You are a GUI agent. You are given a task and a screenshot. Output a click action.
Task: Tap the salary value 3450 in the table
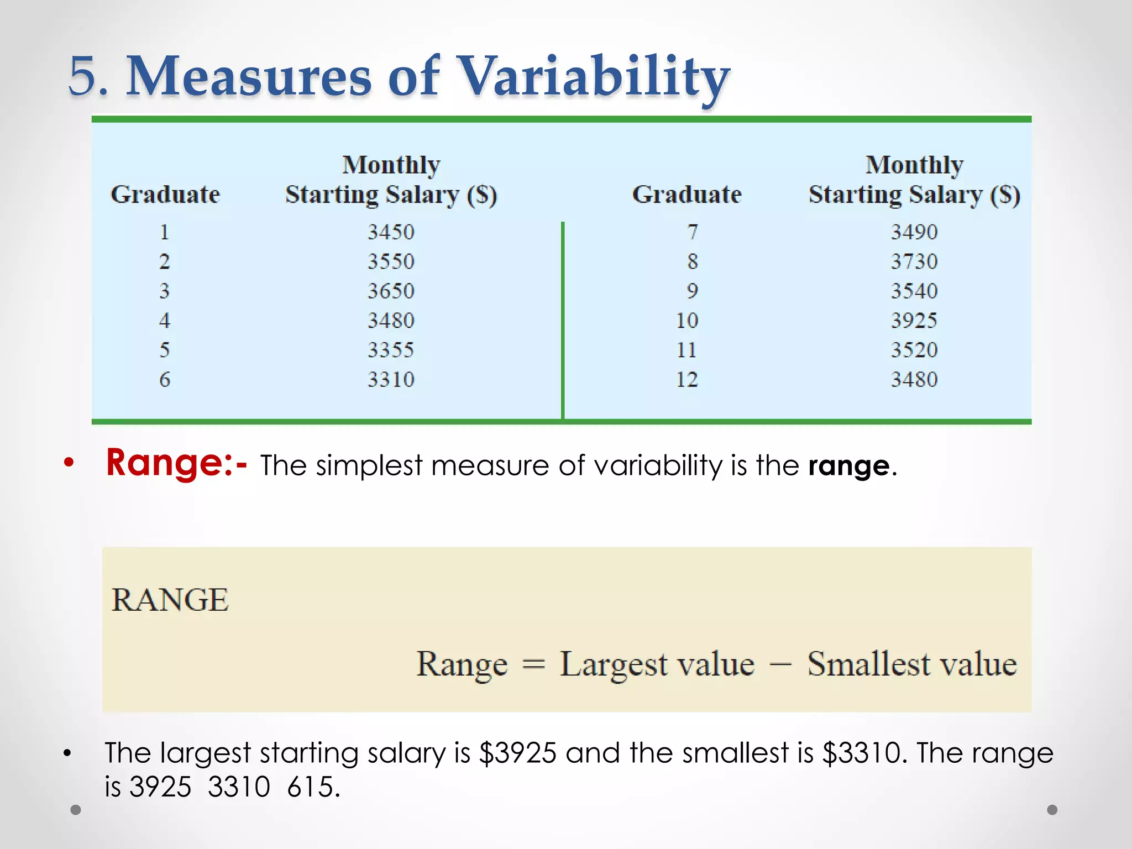391,232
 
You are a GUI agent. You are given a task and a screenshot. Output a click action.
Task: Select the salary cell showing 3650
391,291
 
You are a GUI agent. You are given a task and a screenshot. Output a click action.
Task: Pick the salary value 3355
391,350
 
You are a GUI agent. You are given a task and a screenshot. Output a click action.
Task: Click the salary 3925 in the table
914,321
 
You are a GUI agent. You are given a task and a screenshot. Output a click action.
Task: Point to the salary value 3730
914,261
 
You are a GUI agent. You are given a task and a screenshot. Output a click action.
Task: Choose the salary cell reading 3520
914,350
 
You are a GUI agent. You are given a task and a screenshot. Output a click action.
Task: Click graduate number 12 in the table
687,380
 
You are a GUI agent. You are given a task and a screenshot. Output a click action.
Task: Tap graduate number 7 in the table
693,232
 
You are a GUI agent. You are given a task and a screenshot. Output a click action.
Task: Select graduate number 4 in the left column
165,321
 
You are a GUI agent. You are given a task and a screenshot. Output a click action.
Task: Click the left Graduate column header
165,195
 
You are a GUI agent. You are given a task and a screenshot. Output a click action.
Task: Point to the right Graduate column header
686,195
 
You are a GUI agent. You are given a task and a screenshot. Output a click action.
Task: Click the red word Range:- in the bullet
176,463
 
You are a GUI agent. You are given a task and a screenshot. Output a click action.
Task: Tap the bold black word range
849,466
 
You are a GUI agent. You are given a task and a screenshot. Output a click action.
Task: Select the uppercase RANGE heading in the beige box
170,600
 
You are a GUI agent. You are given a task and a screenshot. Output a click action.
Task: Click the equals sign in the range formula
533,664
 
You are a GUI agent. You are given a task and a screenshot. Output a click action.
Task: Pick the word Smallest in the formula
868,663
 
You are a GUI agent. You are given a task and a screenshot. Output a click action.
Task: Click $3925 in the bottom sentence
517,753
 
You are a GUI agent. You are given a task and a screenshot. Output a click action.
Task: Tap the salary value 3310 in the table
391,380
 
